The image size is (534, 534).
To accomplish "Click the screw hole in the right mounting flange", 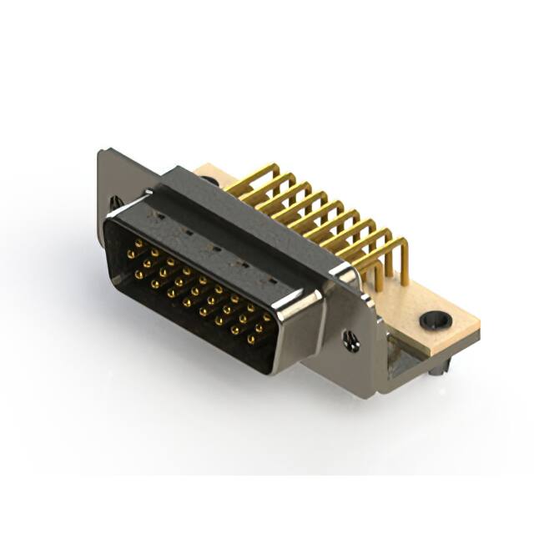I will [351, 340].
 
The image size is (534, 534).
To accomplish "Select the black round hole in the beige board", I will [435, 320].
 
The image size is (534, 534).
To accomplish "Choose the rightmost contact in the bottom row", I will [251, 340].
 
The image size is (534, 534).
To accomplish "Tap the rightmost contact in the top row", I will [266, 318].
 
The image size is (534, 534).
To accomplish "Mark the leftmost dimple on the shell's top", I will [158, 215].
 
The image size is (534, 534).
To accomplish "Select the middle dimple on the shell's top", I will [215, 248].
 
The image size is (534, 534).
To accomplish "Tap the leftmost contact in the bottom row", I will [139, 273].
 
